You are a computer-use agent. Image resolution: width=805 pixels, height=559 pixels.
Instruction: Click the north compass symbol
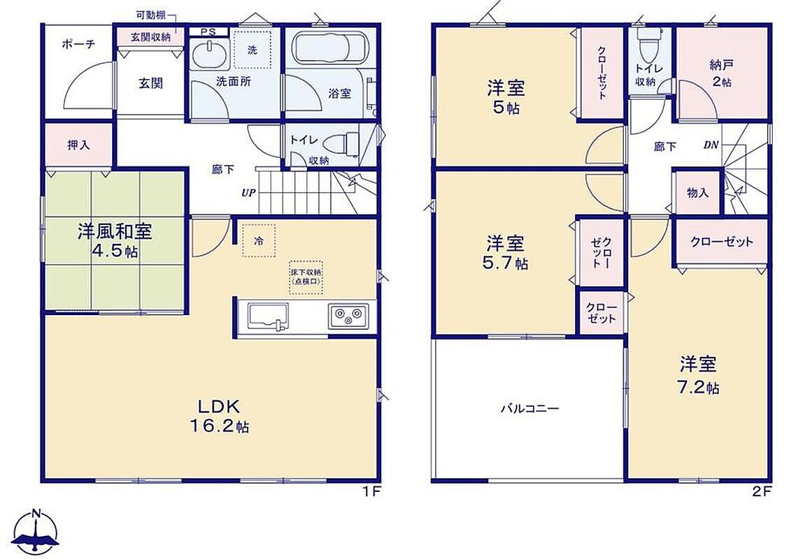(x=35, y=532)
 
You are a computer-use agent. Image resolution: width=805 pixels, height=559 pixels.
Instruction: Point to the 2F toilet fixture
(x=646, y=43)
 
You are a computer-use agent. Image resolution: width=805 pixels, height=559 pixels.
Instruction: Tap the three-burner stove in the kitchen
(x=348, y=317)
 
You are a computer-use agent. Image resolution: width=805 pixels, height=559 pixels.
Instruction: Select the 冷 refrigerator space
(x=259, y=240)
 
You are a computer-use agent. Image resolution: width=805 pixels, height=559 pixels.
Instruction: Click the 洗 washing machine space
(x=252, y=49)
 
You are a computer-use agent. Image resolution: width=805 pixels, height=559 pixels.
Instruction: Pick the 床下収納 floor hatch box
(x=306, y=277)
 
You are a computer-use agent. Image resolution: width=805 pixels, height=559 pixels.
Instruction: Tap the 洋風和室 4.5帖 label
(x=115, y=242)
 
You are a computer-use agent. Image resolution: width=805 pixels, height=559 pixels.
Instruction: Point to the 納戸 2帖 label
(x=721, y=73)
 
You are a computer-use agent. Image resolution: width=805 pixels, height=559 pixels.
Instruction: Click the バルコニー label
(x=529, y=409)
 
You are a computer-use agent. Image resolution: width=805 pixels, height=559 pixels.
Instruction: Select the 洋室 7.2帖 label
(x=698, y=376)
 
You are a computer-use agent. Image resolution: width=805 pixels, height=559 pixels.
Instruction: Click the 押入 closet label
(x=78, y=145)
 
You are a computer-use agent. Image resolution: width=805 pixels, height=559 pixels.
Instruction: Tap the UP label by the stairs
(x=248, y=193)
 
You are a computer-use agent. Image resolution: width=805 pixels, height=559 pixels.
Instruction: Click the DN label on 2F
(x=711, y=145)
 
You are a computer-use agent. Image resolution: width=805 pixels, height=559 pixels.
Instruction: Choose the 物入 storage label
(x=698, y=192)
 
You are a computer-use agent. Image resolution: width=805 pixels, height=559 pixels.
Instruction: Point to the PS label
(x=208, y=32)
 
